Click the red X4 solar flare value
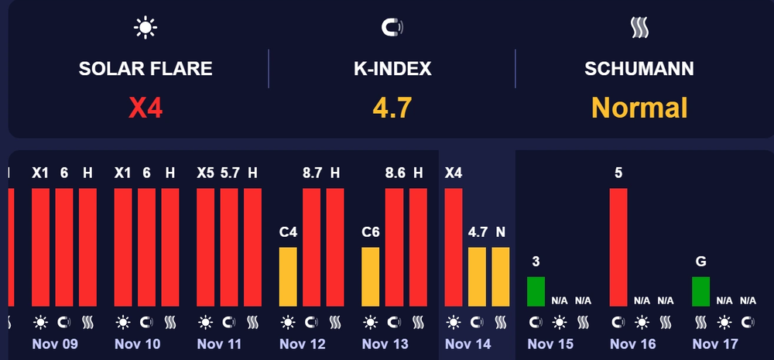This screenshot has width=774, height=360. click(146, 108)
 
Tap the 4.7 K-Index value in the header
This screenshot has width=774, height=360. click(392, 108)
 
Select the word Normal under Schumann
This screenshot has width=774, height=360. click(639, 108)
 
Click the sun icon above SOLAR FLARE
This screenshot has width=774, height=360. click(146, 28)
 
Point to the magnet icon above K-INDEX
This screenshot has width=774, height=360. click(392, 28)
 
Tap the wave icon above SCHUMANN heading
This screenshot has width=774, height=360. click(639, 29)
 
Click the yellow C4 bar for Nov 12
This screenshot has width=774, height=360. click(288, 276)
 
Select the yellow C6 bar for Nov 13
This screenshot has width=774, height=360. click(371, 276)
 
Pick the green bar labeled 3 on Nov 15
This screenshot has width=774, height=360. click(536, 291)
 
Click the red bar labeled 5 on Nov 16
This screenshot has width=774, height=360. click(618, 247)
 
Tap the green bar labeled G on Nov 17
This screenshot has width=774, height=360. click(700, 291)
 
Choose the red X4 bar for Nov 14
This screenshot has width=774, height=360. click(454, 247)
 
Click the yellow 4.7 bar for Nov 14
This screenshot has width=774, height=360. click(478, 276)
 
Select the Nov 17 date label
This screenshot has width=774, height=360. click(715, 344)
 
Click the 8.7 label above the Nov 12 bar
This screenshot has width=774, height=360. click(312, 173)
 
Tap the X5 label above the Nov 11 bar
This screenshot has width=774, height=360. click(205, 173)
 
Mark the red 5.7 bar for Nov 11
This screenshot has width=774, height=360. click(229, 247)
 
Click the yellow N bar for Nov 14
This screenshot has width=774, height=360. click(501, 276)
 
